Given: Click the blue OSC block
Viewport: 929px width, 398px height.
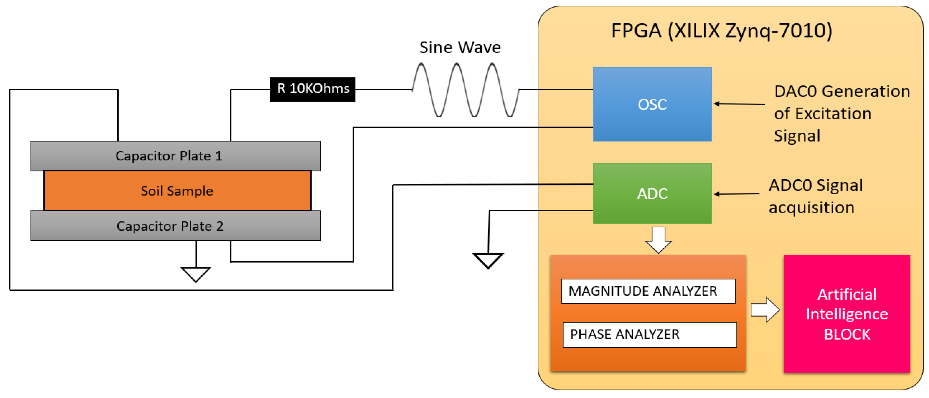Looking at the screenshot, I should [x=652, y=104].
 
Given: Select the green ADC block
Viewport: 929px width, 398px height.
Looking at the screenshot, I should [x=652, y=193].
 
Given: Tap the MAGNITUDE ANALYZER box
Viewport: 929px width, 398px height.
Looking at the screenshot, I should [x=648, y=291].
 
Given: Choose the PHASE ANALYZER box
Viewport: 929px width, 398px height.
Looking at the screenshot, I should [x=649, y=335].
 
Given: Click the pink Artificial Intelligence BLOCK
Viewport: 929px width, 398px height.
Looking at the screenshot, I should [x=846, y=314].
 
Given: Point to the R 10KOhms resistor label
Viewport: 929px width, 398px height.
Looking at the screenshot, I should [x=312, y=89].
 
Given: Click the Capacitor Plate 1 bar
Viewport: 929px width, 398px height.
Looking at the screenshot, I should [x=176, y=156].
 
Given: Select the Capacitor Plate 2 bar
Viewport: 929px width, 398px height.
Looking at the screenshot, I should [x=176, y=226].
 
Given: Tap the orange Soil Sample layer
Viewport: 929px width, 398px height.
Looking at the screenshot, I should [x=177, y=191].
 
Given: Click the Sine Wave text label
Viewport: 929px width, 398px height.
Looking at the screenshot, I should [x=460, y=47].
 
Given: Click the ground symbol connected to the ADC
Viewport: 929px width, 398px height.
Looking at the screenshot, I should [x=488, y=260].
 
